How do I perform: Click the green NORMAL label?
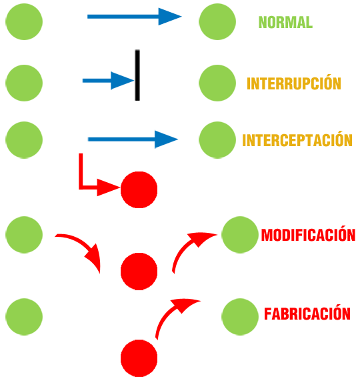[x=285, y=22]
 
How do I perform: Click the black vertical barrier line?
[x=137, y=75]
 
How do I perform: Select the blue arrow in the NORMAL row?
[x=135, y=17]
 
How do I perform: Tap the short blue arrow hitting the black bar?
[x=108, y=81]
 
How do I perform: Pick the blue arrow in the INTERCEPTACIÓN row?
[x=133, y=139]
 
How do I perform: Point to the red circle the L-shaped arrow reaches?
[x=139, y=189]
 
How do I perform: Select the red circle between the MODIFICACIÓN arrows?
[x=139, y=272]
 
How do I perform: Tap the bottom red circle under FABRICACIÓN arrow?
[x=139, y=358]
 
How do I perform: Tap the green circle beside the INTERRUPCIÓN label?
[x=217, y=83]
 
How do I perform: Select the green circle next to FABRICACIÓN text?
[x=240, y=317]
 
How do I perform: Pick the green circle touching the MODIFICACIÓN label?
[x=240, y=235]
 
